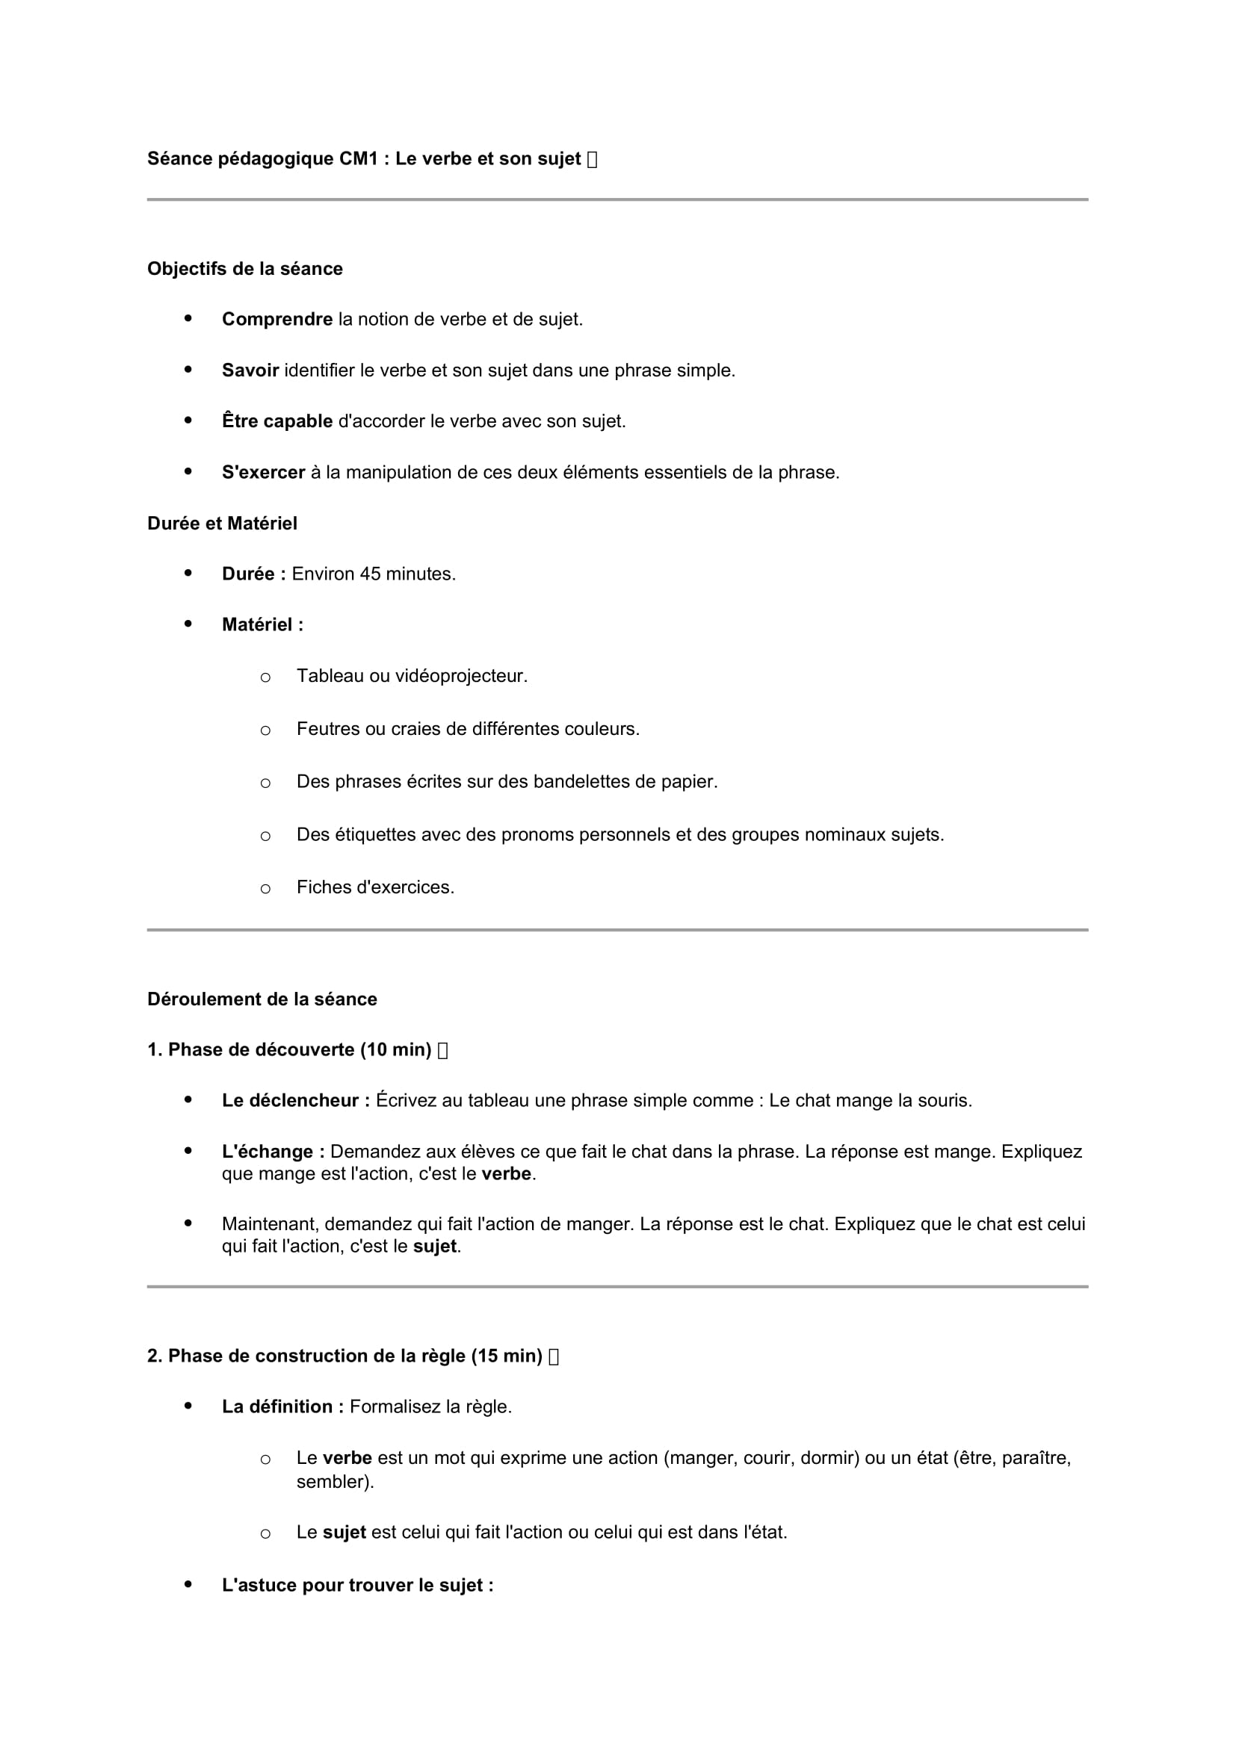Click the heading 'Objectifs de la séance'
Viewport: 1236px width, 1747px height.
(x=244, y=269)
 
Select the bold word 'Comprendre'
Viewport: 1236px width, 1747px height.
(x=277, y=320)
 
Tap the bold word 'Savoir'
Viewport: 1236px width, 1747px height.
(x=250, y=370)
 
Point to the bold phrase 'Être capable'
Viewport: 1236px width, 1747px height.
(x=277, y=421)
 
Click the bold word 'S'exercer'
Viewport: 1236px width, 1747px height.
(x=263, y=473)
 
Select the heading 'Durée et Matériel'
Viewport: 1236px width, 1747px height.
(x=222, y=524)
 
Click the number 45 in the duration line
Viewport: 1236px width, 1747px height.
(x=370, y=574)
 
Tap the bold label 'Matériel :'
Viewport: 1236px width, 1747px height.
(x=262, y=624)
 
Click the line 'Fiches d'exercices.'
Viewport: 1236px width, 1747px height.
(x=375, y=887)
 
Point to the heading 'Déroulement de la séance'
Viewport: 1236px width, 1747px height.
(x=262, y=999)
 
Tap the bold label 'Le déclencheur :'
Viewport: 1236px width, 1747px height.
(x=295, y=1101)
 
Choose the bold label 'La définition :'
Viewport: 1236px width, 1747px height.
(x=282, y=1407)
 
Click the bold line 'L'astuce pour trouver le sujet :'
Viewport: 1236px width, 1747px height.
(x=358, y=1586)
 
